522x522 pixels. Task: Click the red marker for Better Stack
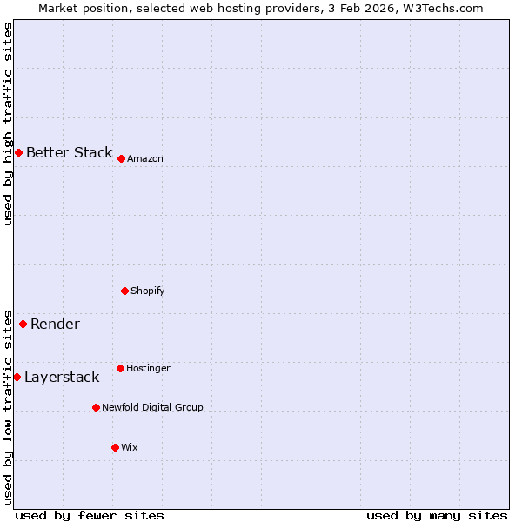18,152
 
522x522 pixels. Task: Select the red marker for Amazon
121,158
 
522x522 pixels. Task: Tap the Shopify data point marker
124,291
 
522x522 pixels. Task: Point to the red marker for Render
23,324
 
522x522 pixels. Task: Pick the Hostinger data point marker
120,368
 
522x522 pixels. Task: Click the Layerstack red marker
17,377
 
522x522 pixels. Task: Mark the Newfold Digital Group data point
96,407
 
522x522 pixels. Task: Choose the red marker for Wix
115,447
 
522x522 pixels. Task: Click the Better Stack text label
69,152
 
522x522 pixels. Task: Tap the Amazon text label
145,158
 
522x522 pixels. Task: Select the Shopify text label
148,291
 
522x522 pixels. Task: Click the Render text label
55,324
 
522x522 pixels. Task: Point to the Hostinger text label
148,368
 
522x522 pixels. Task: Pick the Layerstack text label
62,377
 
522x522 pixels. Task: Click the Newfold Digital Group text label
152,407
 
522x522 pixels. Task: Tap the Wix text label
130,447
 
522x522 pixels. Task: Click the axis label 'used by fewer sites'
90,515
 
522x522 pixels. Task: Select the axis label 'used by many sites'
437,515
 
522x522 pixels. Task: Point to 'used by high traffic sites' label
8,124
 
